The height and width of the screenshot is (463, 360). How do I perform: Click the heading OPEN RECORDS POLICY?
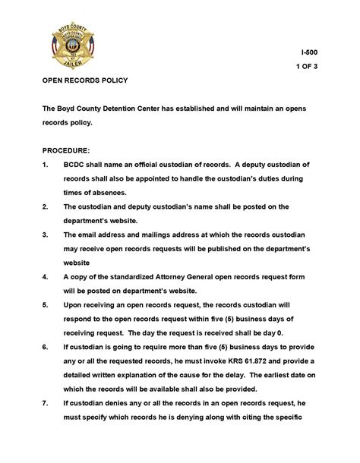[x=85, y=80]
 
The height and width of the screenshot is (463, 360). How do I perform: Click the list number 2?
[x=46, y=206]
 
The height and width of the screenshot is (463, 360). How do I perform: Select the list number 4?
[x=46, y=276]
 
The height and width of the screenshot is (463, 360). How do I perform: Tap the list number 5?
[x=46, y=304]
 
